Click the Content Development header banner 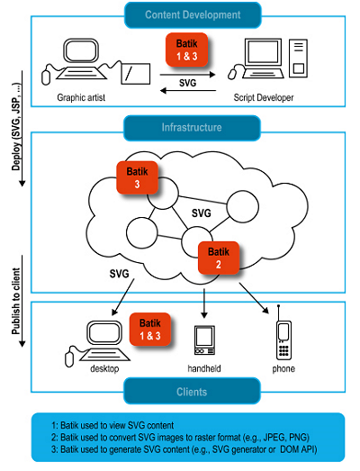tap(193, 15)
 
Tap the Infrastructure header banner tap(192, 128)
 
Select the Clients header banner tap(192, 391)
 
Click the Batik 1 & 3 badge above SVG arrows tap(187, 50)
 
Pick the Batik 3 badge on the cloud tap(137, 177)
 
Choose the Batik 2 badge tap(219, 258)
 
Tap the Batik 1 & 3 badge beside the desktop tap(150, 330)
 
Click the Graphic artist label tap(81, 97)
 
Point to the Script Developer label tap(264, 97)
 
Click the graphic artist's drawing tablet tap(135, 74)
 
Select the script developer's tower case tap(298, 58)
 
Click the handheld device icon tap(204, 340)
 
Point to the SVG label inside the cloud tap(202, 213)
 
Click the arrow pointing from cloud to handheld tap(204, 303)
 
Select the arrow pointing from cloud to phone tap(254, 298)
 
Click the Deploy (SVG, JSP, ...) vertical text tap(17, 127)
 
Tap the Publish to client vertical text tap(16, 301)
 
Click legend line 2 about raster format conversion tap(180, 438)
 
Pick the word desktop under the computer tap(104, 368)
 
